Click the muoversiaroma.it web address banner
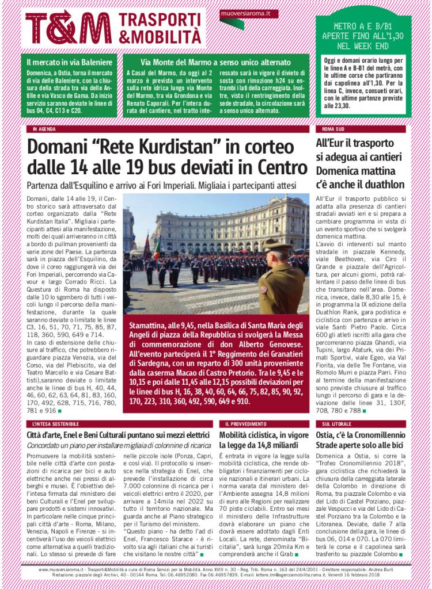pos(249,13)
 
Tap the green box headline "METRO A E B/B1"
pos(363,26)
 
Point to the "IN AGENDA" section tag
pos(45,129)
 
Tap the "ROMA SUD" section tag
pos(334,129)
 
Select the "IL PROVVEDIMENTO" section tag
pos(242,423)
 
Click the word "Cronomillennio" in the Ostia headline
pos(377,435)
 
